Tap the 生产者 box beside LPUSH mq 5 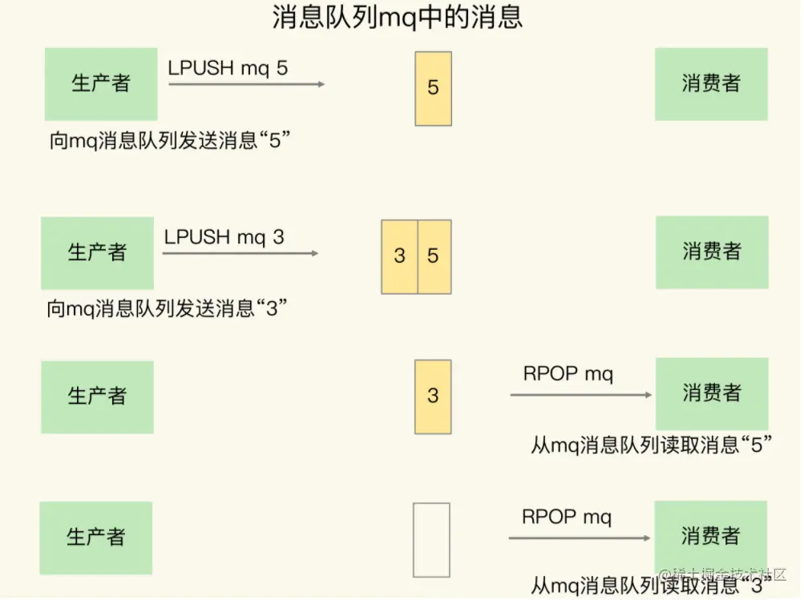pos(101,83)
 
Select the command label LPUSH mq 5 pos(228,67)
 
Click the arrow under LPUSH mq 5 pos(246,83)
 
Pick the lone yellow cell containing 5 pos(433,88)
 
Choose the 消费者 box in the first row pos(711,83)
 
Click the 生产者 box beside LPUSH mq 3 pos(97,252)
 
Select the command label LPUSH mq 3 pos(224,236)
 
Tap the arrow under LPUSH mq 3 pos(240,253)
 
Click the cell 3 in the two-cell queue pos(399,256)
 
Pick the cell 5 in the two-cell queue pos(434,256)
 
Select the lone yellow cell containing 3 pos(433,396)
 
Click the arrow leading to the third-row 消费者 pos(581,394)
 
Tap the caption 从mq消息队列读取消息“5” pos(651,445)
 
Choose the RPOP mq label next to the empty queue pos(567,517)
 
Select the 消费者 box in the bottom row pos(710,535)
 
